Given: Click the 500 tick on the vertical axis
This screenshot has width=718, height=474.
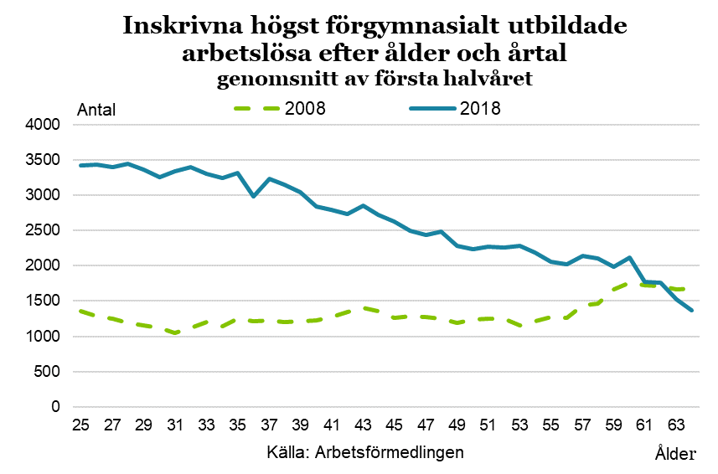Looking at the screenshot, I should (49, 372).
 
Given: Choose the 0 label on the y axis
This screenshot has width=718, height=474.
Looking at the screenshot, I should (57, 407).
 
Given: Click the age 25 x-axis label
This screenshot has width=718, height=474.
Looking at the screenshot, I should (81, 424).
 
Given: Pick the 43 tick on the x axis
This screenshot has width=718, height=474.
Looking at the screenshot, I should (363, 424).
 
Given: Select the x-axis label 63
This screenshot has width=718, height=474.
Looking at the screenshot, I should (675, 424).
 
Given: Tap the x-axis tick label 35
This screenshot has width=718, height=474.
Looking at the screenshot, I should (238, 424).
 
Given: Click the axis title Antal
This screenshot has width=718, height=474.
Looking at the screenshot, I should (96, 110).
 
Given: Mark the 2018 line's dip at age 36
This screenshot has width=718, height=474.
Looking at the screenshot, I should (254, 197).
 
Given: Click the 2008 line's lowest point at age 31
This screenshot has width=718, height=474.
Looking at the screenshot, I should (175, 333).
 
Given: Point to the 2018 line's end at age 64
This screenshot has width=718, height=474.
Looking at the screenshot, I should (691, 311).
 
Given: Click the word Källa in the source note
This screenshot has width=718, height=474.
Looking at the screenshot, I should (288, 451).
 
